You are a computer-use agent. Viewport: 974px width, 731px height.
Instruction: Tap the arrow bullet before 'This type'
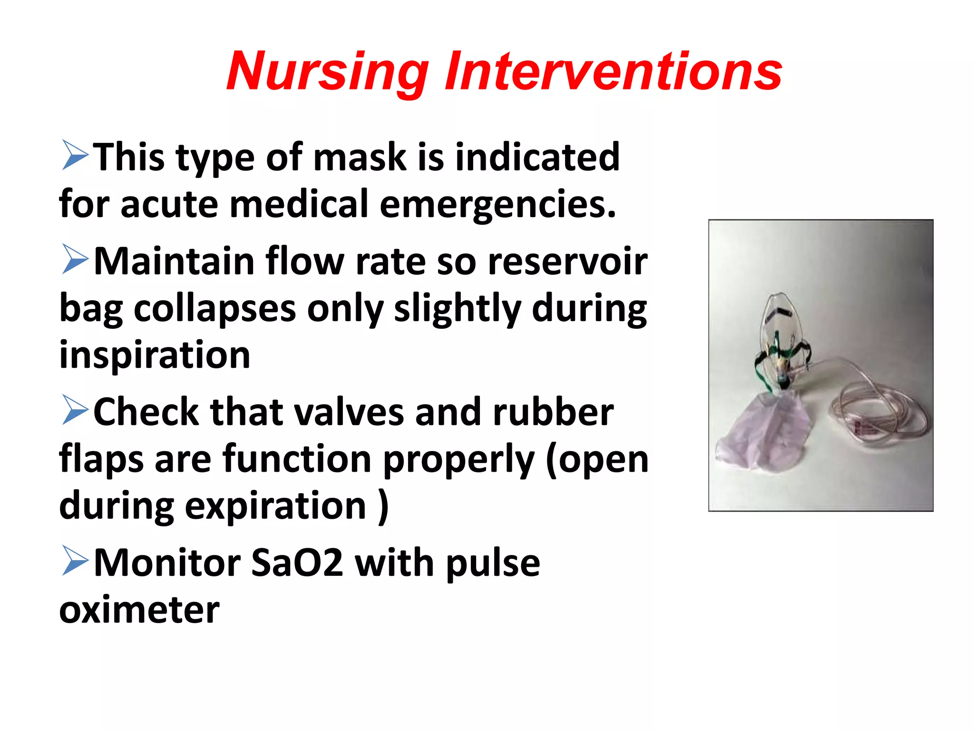pos(75,156)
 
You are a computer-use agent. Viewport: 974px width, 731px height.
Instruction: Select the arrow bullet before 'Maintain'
pos(75,260)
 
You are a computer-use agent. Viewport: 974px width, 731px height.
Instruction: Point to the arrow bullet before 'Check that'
pos(75,411)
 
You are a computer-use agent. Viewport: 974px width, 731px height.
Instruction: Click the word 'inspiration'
pos(155,355)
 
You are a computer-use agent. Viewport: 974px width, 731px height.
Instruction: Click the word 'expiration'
pos(275,505)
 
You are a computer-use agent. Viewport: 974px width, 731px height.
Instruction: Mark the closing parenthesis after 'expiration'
pos(383,505)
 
